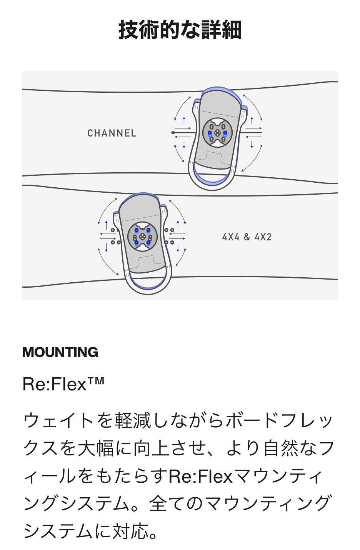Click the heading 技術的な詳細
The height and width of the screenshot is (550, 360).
click(180, 30)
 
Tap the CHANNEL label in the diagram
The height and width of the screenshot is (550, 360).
click(112, 133)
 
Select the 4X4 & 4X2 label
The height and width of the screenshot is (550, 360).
click(247, 237)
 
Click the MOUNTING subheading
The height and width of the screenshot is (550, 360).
click(60, 352)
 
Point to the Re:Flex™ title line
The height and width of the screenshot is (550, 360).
click(63, 384)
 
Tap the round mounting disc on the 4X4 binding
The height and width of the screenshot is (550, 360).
click(142, 237)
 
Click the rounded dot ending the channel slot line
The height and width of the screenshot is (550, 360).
click(173, 133)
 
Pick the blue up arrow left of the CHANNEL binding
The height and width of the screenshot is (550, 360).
click(184, 120)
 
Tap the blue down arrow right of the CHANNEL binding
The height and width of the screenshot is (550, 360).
click(252, 144)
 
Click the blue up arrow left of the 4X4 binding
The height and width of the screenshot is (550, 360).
click(106, 225)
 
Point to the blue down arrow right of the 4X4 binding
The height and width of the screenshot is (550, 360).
click(178, 247)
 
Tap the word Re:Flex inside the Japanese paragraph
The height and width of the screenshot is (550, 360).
click(200, 476)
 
